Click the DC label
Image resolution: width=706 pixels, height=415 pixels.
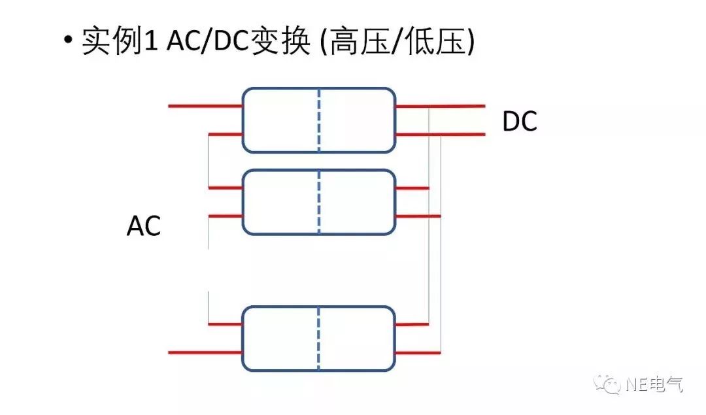[520, 122]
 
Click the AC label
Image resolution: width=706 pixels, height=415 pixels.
[144, 227]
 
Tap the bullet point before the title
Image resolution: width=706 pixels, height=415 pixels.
[67, 41]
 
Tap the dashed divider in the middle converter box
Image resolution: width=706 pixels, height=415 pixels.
[319, 202]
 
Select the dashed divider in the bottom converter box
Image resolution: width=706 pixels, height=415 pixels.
[319, 337]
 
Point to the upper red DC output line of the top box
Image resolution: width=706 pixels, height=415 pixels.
[441, 106]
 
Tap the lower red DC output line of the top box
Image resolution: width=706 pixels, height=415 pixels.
[441, 135]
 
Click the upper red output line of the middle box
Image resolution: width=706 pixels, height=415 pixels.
[412, 188]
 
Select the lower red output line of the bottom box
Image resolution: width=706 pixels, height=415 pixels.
[418, 353]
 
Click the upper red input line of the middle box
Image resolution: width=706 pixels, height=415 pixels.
[225, 188]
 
